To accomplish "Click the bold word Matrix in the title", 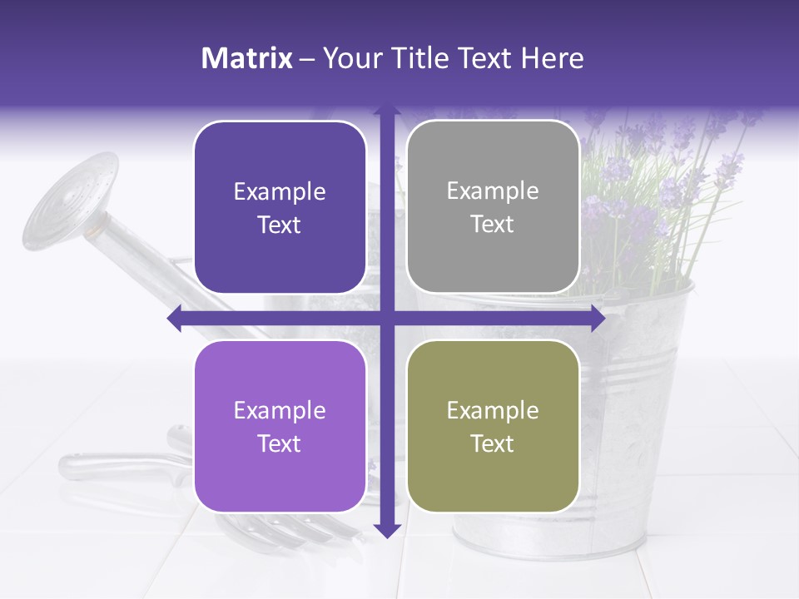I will (247, 58).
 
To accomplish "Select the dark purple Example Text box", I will (280, 207).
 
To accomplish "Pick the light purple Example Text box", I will (280, 426).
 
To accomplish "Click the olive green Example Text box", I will (493, 426).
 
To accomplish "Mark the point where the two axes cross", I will (386, 319).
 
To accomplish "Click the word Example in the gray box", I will (493, 191).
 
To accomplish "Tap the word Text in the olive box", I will (493, 443).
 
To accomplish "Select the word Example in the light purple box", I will (280, 410).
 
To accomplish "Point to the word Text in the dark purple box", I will (280, 225).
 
